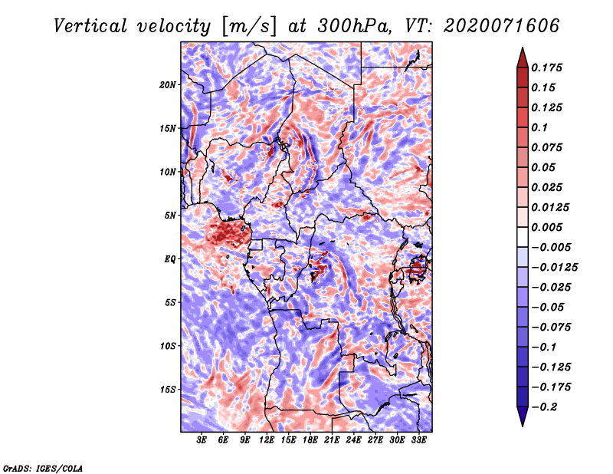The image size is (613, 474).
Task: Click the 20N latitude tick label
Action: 168,85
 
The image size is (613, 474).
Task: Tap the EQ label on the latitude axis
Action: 170,259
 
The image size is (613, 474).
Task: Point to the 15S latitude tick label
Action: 168,390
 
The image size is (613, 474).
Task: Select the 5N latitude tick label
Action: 170,216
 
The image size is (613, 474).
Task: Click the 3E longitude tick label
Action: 202,440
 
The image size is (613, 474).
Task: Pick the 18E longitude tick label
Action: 310,440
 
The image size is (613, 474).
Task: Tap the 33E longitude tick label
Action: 418,440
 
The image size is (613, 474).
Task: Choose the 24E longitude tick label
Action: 353,440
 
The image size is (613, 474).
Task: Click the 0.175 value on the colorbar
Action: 546,67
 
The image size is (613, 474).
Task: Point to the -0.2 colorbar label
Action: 544,407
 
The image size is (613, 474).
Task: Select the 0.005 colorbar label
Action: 546,227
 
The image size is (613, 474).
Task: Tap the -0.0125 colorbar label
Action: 554,268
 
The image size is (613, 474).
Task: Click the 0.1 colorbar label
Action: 539,127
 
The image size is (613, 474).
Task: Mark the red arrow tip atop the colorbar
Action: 523,48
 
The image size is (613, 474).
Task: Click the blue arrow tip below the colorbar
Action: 523,425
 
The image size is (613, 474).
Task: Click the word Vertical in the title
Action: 90,26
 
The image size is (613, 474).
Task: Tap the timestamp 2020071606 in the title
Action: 502,26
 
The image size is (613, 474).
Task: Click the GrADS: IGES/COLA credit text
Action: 43,469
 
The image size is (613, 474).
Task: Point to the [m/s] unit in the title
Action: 249,27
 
